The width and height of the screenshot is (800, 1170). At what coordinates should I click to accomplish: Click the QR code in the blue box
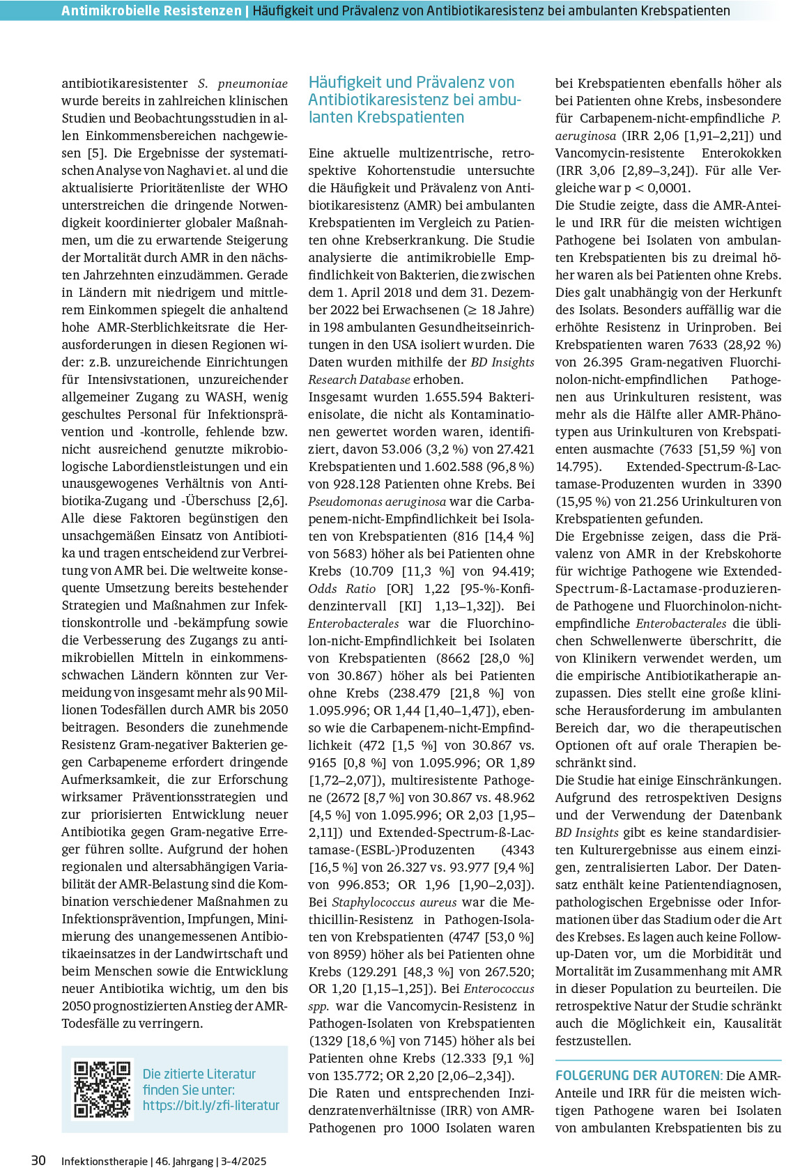tap(102, 1089)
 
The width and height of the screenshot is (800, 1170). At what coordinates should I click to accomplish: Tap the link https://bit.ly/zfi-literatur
tap(210, 1106)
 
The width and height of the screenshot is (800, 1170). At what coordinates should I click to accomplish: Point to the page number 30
tap(38, 1160)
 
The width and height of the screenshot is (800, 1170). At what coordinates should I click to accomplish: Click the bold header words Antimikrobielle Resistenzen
tap(151, 10)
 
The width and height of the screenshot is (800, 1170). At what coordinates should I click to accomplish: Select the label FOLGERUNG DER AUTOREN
tap(637, 1076)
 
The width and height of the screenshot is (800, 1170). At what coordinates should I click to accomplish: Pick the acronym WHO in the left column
tap(272, 188)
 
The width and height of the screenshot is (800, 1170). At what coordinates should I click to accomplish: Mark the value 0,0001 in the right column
tap(668, 188)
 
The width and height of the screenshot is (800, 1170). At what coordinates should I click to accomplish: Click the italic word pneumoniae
tap(252, 84)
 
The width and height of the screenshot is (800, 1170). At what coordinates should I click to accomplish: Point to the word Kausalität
tap(753, 1024)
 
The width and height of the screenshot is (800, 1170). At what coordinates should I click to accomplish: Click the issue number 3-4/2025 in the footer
tap(244, 1162)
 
